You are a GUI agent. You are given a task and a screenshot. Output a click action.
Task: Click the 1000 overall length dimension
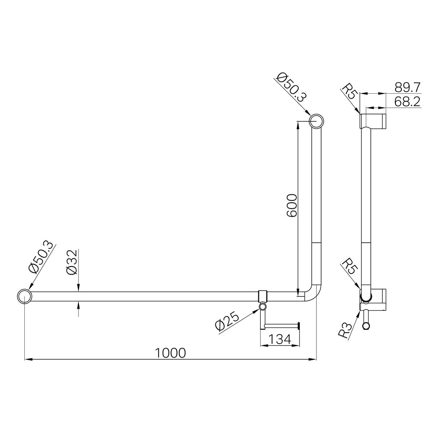tap(170, 353)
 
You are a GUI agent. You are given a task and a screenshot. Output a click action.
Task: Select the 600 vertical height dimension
tap(292, 206)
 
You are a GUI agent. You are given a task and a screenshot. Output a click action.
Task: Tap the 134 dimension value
tap(280, 339)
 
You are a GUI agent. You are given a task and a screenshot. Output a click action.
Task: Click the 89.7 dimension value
tap(407, 87)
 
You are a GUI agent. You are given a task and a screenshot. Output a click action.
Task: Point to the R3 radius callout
tap(345, 329)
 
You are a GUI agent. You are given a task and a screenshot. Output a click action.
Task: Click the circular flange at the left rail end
tap(24, 296)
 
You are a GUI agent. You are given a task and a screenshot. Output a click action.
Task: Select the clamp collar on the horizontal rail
tap(263, 296)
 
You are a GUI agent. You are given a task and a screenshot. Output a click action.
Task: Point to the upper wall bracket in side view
tap(373, 121)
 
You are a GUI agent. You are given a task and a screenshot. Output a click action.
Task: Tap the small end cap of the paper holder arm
tap(299, 325)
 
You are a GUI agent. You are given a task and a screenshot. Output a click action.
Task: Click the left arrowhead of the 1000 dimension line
tap(28, 360)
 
